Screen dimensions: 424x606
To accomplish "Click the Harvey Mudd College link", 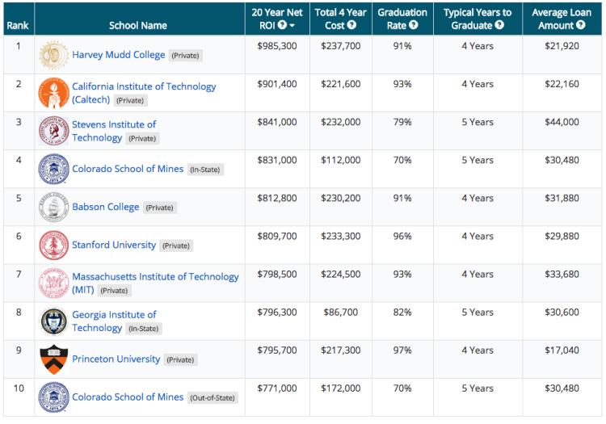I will point(118,55).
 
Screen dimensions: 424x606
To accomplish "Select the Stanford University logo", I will point(54,245).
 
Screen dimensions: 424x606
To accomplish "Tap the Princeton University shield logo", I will point(54,359).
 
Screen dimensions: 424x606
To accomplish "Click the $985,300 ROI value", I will point(277,46).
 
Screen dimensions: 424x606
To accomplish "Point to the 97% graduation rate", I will point(402,351).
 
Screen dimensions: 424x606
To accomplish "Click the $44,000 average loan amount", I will point(562,122).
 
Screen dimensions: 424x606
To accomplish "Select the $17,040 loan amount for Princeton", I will point(562,351).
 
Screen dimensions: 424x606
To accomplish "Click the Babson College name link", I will point(105,207).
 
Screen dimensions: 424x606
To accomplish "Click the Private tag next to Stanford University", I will point(177,246).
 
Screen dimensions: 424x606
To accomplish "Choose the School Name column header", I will point(138,25).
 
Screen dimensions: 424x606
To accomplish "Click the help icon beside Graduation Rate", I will point(414,25).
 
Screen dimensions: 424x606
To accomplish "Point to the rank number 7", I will point(18,275).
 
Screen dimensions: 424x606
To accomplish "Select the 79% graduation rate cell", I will point(402,122).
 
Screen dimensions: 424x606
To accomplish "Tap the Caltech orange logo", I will point(54,93).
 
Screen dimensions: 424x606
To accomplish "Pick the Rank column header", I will point(17,25).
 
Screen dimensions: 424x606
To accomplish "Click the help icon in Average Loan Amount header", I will point(580,25).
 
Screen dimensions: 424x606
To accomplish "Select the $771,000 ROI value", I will point(277,388).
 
